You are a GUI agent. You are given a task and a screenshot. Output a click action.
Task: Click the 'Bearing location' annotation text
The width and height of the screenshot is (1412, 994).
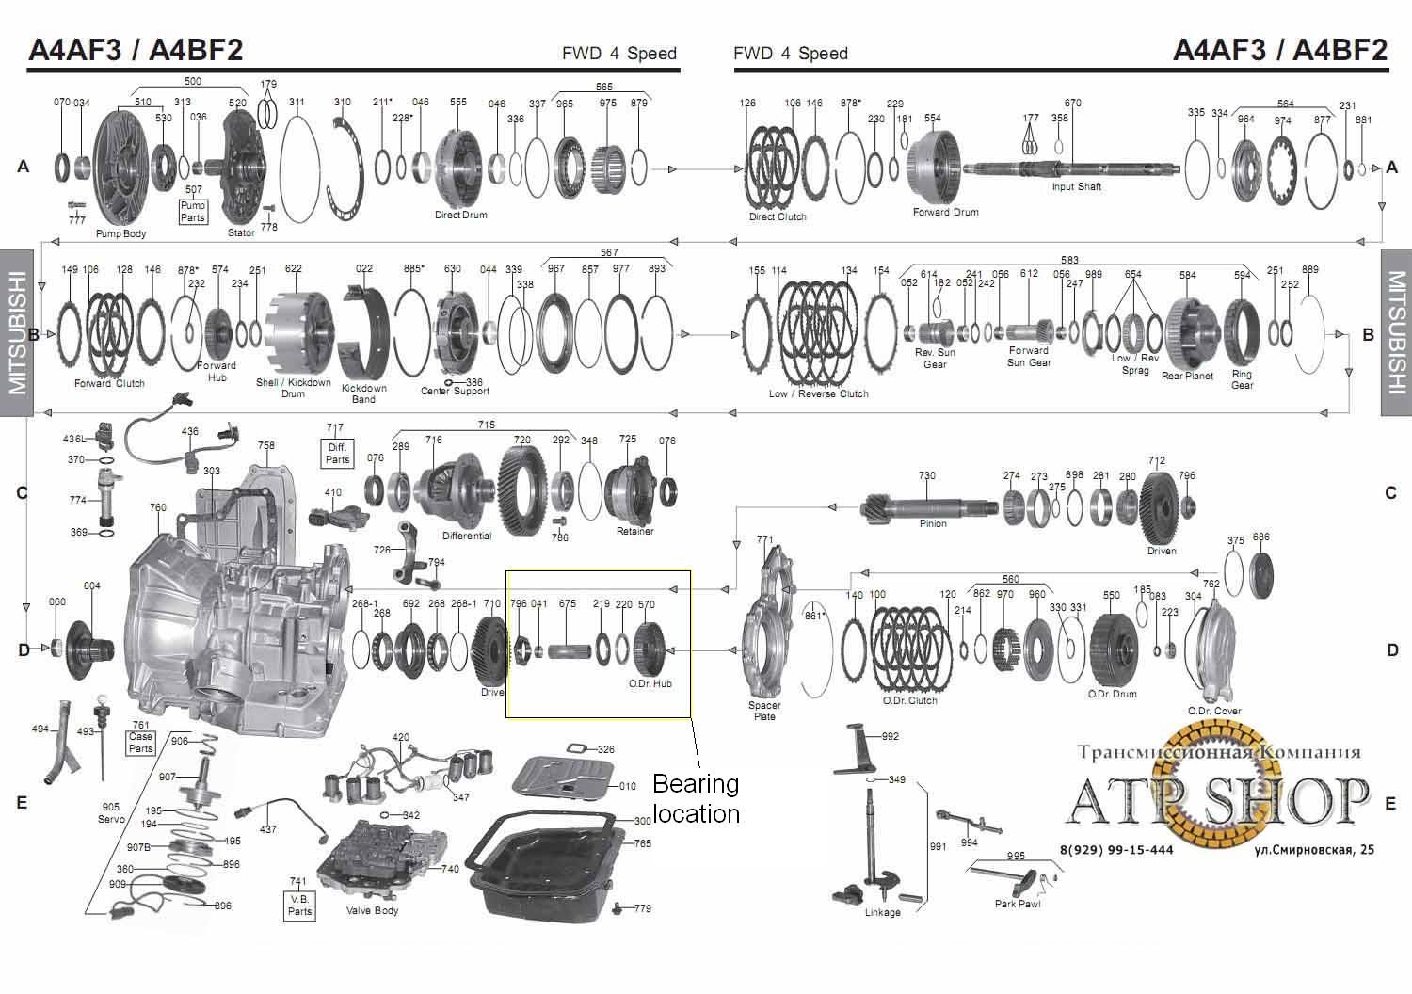(696, 798)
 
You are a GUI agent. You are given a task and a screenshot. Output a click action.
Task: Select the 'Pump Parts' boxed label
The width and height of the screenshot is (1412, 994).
(193, 212)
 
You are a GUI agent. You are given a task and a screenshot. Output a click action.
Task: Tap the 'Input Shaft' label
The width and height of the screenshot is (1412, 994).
(1076, 186)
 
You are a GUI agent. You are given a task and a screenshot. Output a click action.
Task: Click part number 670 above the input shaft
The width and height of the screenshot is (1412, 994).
(1072, 104)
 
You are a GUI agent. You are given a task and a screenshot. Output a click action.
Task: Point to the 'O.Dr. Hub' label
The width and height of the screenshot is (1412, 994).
(650, 684)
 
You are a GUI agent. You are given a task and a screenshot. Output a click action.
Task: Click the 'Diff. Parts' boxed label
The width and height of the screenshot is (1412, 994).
(337, 453)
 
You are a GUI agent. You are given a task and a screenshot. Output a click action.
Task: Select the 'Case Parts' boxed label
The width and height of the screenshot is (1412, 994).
(140, 743)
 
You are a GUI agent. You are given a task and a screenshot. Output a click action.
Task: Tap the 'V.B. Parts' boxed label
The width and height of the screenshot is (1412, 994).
(299, 905)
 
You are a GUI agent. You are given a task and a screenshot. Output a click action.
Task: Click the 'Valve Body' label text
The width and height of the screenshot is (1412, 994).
(372, 910)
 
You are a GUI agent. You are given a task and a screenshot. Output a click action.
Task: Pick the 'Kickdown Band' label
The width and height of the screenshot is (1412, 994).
(363, 393)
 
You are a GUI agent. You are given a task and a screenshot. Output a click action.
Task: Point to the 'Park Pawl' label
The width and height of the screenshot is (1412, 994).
(1017, 904)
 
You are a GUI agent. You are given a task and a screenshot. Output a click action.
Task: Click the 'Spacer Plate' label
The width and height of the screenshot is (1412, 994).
(764, 711)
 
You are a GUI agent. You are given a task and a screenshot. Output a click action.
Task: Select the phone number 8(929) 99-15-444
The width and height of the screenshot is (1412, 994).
(1116, 849)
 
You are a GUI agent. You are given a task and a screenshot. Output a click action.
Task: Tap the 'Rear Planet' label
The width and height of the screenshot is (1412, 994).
(1186, 376)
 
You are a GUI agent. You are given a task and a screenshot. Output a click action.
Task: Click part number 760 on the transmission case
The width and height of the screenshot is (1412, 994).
(158, 507)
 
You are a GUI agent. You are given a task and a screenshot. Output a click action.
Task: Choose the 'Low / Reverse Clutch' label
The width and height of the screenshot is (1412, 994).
(818, 393)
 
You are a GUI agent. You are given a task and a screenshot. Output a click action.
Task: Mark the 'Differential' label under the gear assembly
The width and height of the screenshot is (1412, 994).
(467, 536)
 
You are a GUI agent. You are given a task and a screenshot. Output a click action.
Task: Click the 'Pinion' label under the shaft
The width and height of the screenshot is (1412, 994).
(933, 523)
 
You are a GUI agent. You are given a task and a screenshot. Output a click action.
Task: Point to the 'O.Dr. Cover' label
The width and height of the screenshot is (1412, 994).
(1213, 711)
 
